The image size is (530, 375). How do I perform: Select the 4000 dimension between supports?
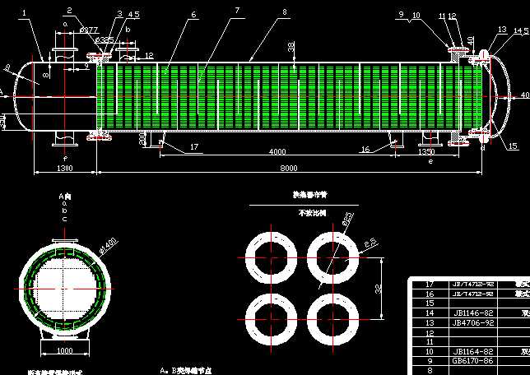[277, 151]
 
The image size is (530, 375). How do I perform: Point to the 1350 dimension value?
[426, 151]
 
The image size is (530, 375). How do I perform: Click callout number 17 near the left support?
[194, 147]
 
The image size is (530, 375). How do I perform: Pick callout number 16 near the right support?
[365, 149]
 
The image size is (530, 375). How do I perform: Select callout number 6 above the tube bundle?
[193, 14]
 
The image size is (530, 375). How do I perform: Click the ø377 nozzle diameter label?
[89, 30]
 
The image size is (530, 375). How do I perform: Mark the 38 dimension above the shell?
[291, 47]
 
